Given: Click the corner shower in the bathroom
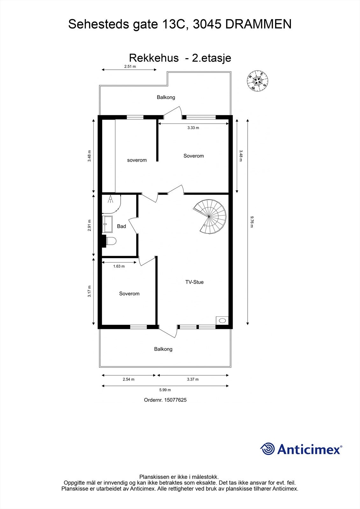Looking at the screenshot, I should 111,204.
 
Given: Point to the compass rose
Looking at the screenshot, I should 258,80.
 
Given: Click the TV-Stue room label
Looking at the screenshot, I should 194,282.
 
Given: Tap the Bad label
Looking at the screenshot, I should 121,226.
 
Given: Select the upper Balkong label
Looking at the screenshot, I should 166,97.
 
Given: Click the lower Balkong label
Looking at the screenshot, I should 163,349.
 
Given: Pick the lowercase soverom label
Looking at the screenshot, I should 137,160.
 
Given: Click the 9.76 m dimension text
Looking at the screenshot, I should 251,222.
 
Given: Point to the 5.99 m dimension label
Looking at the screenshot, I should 165,390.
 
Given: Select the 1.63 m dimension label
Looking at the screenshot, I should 119,266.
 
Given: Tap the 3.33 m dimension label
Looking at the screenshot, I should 193,128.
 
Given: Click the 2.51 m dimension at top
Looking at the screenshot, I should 130,66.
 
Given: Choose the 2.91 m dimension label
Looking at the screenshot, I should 89,225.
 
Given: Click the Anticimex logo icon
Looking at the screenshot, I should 268,449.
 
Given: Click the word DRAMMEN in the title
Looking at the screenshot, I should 258,24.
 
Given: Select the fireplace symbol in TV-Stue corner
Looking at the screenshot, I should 222,320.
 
